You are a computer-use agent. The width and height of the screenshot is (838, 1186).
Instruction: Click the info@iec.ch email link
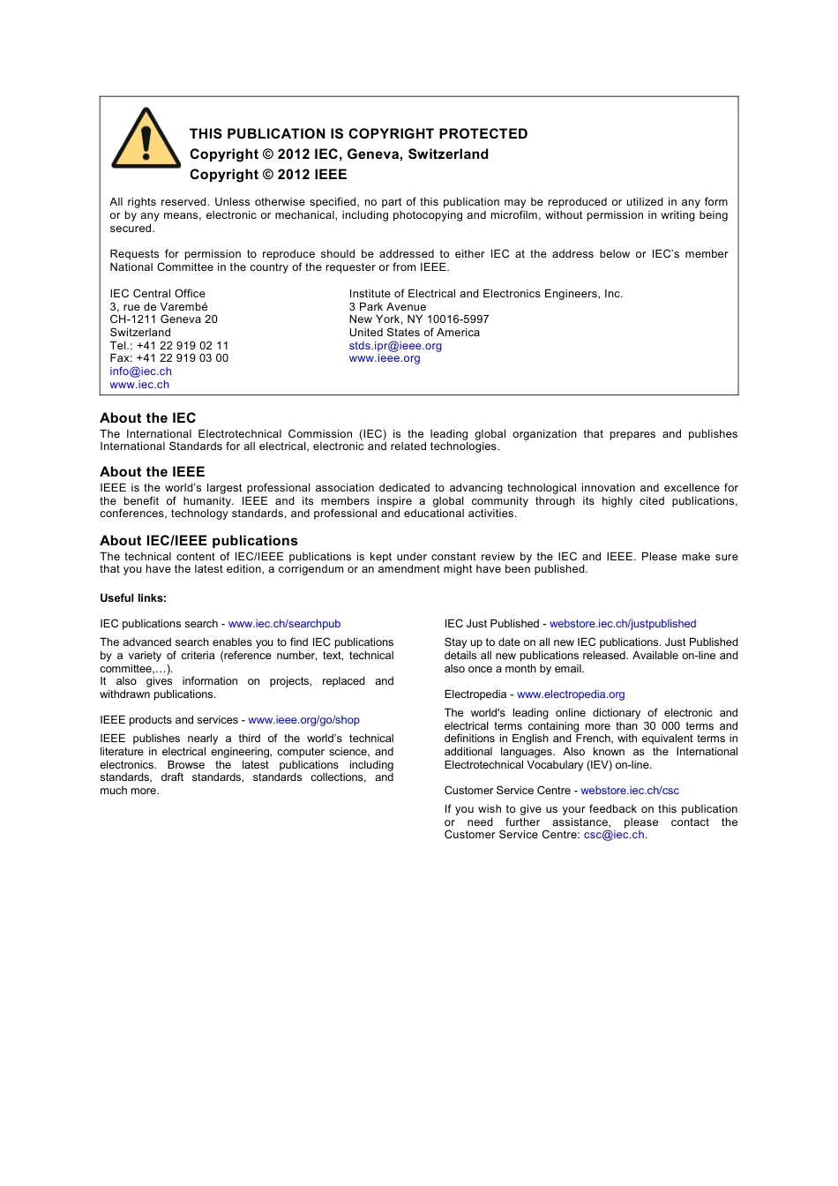tap(140, 372)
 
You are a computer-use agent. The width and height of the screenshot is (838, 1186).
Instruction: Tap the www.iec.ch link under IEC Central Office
tap(139, 385)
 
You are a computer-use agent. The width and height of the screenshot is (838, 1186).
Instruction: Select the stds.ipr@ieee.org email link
tap(395, 346)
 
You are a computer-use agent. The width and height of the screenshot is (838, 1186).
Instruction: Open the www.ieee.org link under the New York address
tap(385, 358)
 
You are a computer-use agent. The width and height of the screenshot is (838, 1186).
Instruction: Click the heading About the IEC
tap(147, 418)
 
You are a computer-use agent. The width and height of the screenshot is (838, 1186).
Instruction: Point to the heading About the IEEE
tap(152, 472)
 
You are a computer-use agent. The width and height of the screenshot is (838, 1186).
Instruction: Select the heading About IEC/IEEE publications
tap(198, 541)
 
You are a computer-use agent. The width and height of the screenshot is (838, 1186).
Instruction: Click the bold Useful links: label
tap(133, 598)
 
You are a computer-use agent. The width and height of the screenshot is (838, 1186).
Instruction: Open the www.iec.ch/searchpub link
tap(284, 624)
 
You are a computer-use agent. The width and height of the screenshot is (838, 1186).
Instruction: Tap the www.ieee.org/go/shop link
tap(303, 720)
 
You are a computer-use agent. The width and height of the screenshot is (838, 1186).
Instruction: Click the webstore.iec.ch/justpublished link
tap(623, 624)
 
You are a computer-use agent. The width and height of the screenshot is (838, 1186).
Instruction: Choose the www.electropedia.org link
tap(571, 694)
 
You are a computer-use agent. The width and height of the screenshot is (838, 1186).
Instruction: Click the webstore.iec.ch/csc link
tap(630, 791)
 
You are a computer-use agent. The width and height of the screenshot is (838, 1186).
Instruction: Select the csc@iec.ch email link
tap(614, 835)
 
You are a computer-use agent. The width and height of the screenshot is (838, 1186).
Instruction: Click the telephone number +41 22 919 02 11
tap(182, 346)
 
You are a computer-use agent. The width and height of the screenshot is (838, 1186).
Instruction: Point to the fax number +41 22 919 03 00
tap(182, 358)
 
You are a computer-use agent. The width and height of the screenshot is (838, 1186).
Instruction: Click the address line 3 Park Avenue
tap(387, 307)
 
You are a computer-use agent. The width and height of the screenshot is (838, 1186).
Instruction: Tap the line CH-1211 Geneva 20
tap(163, 319)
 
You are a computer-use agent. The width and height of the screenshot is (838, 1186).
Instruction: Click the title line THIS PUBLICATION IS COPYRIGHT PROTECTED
tap(358, 134)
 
